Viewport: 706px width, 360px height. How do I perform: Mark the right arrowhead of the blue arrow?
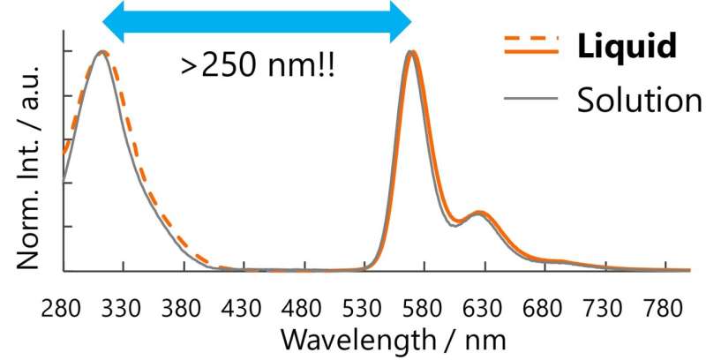(402, 19)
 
